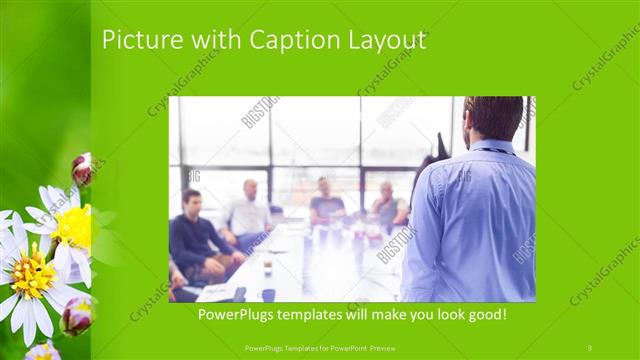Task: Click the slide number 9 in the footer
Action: pos(589,347)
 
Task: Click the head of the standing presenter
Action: pos(493,116)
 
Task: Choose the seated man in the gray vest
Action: pos(388,208)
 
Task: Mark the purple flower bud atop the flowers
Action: pos(82,168)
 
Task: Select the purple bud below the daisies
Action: pos(77,316)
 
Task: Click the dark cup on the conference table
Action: pos(268,294)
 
